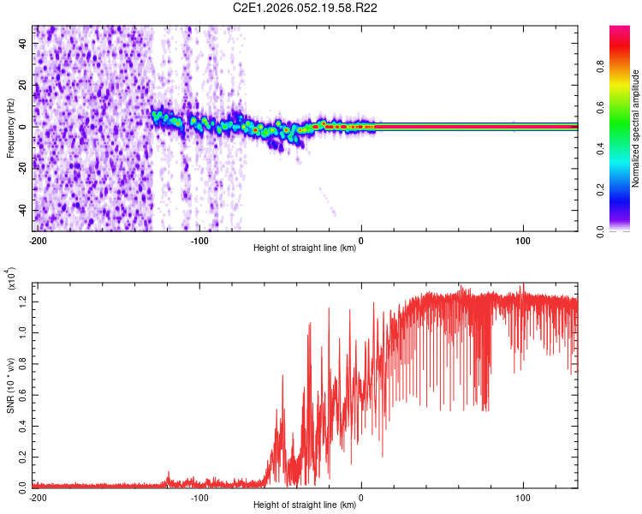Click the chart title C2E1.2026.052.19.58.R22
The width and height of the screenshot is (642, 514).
tap(306, 8)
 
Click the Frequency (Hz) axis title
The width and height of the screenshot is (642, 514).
tap(10, 128)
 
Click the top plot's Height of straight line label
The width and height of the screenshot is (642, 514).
tap(305, 248)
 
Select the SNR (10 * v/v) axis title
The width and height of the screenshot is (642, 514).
tap(10, 384)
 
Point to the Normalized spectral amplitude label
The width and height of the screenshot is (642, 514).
tap(636, 128)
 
